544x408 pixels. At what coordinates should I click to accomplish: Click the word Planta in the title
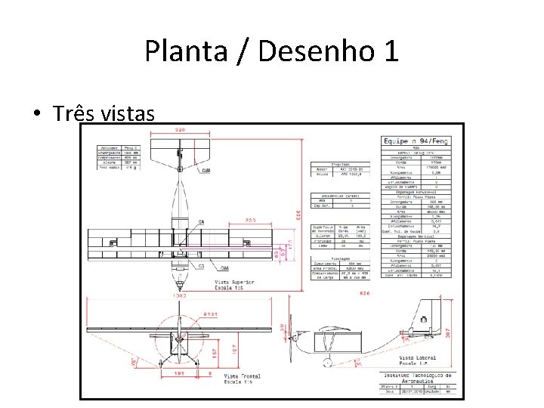click(x=178, y=51)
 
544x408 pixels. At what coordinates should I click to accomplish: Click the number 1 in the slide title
click(x=390, y=51)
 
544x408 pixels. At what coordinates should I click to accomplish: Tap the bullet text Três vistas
click(x=104, y=113)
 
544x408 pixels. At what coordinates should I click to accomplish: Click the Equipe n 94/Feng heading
click(x=416, y=141)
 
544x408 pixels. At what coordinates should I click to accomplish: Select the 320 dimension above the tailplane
click(x=180, y=130)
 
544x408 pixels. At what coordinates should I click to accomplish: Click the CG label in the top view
click(x=202, y=267)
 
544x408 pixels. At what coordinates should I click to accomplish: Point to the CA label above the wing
click(x=201, y=221)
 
